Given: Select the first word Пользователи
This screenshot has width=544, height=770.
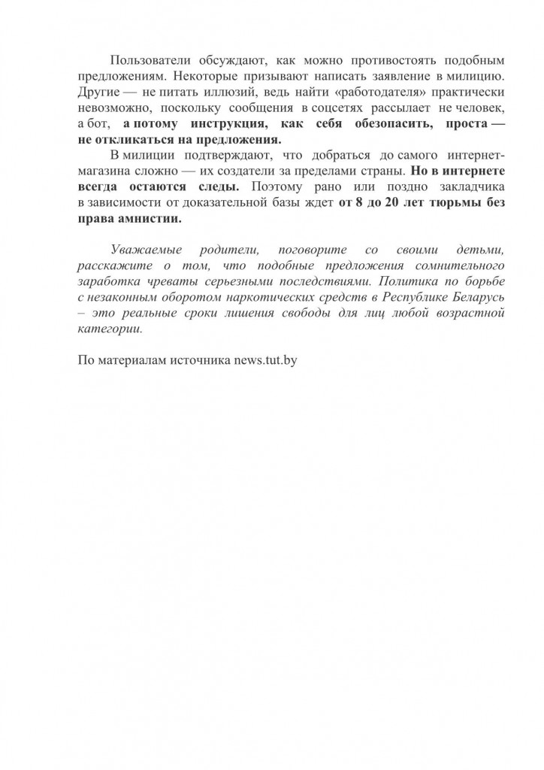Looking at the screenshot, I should (x=148, y=59).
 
